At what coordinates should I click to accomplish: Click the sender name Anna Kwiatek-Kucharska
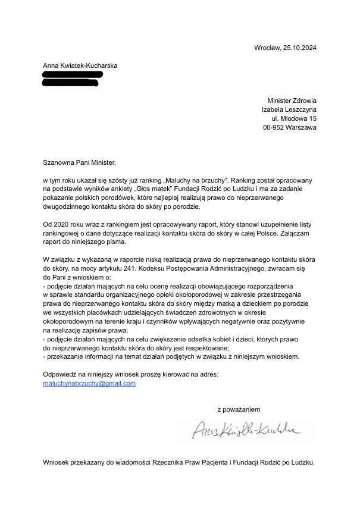[80, 65]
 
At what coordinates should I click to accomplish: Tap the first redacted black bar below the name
[73, 74]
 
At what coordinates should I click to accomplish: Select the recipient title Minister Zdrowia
[292, 101]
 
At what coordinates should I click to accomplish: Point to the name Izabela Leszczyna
[289, 109]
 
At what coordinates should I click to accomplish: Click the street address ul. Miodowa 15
[294, 118]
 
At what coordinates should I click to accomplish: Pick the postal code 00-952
[276, 127]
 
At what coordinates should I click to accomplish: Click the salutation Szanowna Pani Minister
[78, 162]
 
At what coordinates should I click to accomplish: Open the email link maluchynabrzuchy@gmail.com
[89, 384]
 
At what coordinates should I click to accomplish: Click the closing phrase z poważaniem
[239, 409]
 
